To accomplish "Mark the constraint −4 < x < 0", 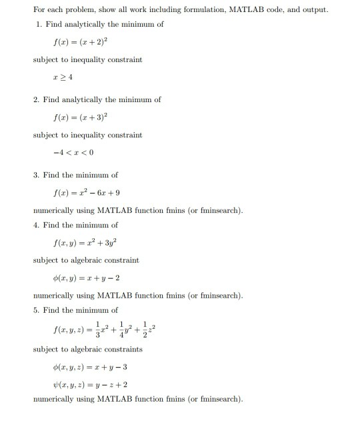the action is point(67,153).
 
